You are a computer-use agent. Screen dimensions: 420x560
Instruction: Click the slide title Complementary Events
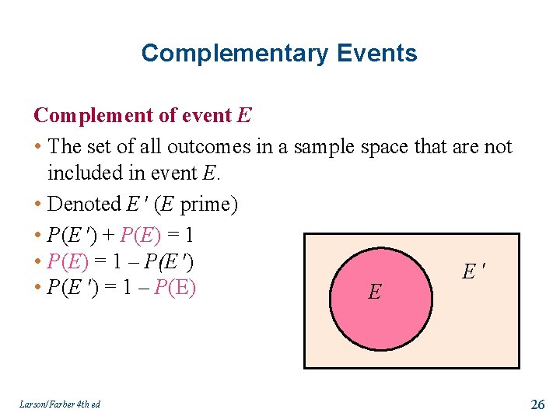click(x=279, y=54)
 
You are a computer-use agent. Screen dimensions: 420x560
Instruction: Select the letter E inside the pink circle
click(x=375, y=292)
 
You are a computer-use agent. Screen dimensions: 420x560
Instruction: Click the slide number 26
click(x=537, y=404)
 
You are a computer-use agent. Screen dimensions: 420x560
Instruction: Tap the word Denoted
click(x=84, y=205)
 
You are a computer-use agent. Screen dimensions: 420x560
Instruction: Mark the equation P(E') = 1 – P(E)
click(x=121, y=289)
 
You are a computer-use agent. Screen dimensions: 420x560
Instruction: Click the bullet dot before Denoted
click(x=38, y=205)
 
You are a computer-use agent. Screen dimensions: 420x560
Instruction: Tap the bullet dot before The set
click(x=38, y=147)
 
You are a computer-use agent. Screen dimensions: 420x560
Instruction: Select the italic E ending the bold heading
click(x=244, y=116)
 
